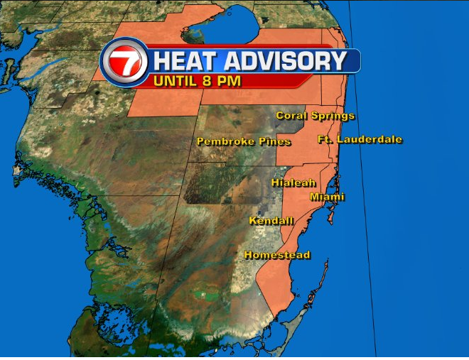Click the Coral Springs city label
click(315, 116)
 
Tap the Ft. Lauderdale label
click(360, 139)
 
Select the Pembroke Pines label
click(244, 142)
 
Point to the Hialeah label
click(293, 183)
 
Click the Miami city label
click(328, 197)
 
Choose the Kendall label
click(271, 221)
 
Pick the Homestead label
click(277, 255)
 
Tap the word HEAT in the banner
click(180, 61)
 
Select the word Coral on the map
click(291, 116)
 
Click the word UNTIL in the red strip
click(178, 81)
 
